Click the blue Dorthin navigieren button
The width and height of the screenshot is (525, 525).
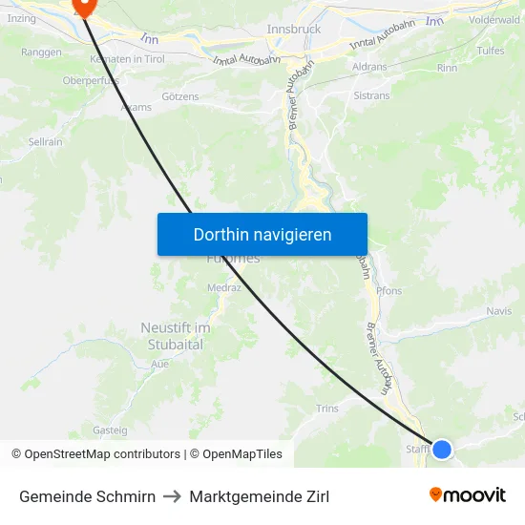tap(262, 234)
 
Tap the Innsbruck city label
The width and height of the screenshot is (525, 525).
tap(294, 30)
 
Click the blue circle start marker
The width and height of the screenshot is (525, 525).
tap(442, 448)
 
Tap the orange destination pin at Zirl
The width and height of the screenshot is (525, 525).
tap(84, 6)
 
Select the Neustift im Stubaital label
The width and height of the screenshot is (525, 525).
tap(175, 336)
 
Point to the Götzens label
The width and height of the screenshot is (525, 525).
tap(180, 97)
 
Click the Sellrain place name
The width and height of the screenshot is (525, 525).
tap(46, 141)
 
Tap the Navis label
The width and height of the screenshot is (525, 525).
tap(498, 311)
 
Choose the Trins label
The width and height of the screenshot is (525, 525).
tap(326, 409)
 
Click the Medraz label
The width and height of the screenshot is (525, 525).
tap(223, 286)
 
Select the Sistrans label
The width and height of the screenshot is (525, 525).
tap(371, 96)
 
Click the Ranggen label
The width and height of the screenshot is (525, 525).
tap(41, 52)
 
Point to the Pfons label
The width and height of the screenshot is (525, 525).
tap(389, 291)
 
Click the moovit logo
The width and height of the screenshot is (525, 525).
tap(468, 494)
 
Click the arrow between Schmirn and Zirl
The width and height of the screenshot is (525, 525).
tap(173, 496)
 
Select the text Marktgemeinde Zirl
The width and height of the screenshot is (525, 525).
tap(260, 496)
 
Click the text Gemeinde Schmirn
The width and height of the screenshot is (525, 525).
tap(87, 496)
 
